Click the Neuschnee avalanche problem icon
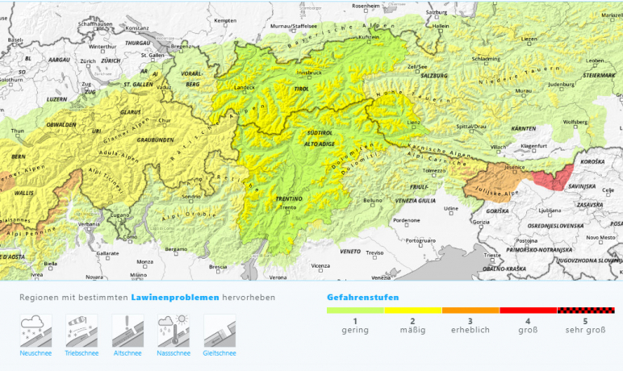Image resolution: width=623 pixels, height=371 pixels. (36, 331)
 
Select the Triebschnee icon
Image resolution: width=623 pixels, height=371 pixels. (82, 331)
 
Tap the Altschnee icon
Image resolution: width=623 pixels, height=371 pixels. (128, 331)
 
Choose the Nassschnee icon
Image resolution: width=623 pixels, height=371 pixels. (174, 331)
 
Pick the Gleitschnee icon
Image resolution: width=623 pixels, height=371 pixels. (220, 331)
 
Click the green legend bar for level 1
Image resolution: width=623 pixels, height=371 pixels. (355, 310)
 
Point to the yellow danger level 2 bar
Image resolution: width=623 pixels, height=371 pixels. (412, 310)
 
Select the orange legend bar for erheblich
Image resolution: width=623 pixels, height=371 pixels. (470, 310)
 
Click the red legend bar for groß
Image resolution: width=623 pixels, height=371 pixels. (529, 310)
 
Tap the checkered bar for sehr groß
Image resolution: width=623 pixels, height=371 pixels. (586, 310)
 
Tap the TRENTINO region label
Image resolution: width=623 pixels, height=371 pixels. (287, 198)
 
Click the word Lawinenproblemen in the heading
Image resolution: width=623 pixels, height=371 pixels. (175, 297)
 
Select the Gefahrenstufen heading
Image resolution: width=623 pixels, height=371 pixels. (362, 297)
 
